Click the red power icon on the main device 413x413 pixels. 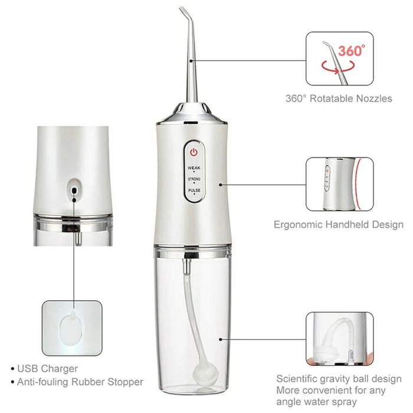193,152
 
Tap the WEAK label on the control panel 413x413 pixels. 193,168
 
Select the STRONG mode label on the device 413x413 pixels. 193,178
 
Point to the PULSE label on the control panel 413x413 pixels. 193,191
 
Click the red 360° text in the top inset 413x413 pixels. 352,51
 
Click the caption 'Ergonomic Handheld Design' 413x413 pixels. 339,224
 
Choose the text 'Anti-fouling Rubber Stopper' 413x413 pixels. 80,382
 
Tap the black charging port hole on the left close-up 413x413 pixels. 74,190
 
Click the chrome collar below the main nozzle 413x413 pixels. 193,112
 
